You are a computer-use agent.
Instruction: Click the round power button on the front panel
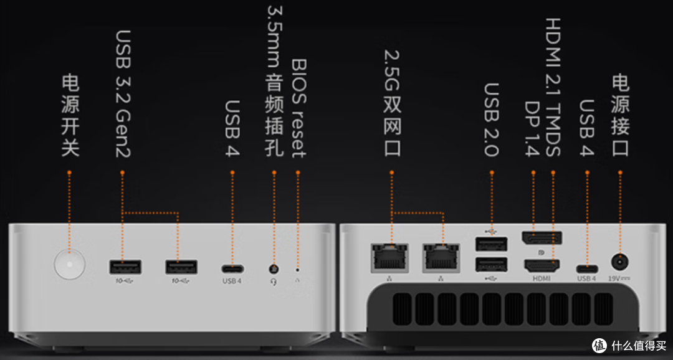pyautogui.click(x=70, y=264)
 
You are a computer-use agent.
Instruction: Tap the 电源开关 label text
pyautogui.click(x=70, y=115)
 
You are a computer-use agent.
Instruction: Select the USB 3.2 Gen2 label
pyautogui.click(x=123, y=94)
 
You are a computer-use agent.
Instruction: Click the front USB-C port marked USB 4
pyautogui.click(x=232, y=269)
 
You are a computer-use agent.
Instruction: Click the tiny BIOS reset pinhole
pyautogui.click(x=297, y=270)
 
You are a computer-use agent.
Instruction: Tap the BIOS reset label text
pyautogui.click(x=298, y=108)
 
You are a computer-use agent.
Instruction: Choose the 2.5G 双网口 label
pyautogui.click(x=392, y=103)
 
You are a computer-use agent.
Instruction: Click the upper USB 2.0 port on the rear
pyautogui.click(x=492, y=244)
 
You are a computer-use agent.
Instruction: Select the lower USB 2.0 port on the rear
pyautogui.click(x=492, y=264)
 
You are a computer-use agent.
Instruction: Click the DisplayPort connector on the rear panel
pyautogui.click(x=542, y=238)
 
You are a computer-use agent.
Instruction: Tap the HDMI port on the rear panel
pyautogui.click(x=542, y=266)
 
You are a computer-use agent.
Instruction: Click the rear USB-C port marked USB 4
pyautogui.click(x=587, y=269)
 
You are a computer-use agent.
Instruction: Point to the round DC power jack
pyautogui.click(x=620, y=262)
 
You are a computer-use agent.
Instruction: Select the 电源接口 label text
pyautogui.click(x=621, y=115)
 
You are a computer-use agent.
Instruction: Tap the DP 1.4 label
pyautogui.click(x=532, y=129)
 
